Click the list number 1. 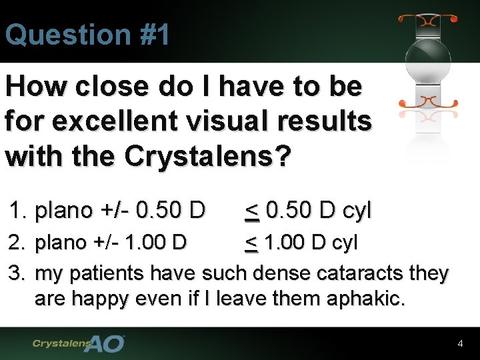[17, 211]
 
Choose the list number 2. [17, 243]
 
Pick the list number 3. [17, 273]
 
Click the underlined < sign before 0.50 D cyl [252, 211]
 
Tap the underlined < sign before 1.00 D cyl [251, 243]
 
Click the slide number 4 [460, 344]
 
